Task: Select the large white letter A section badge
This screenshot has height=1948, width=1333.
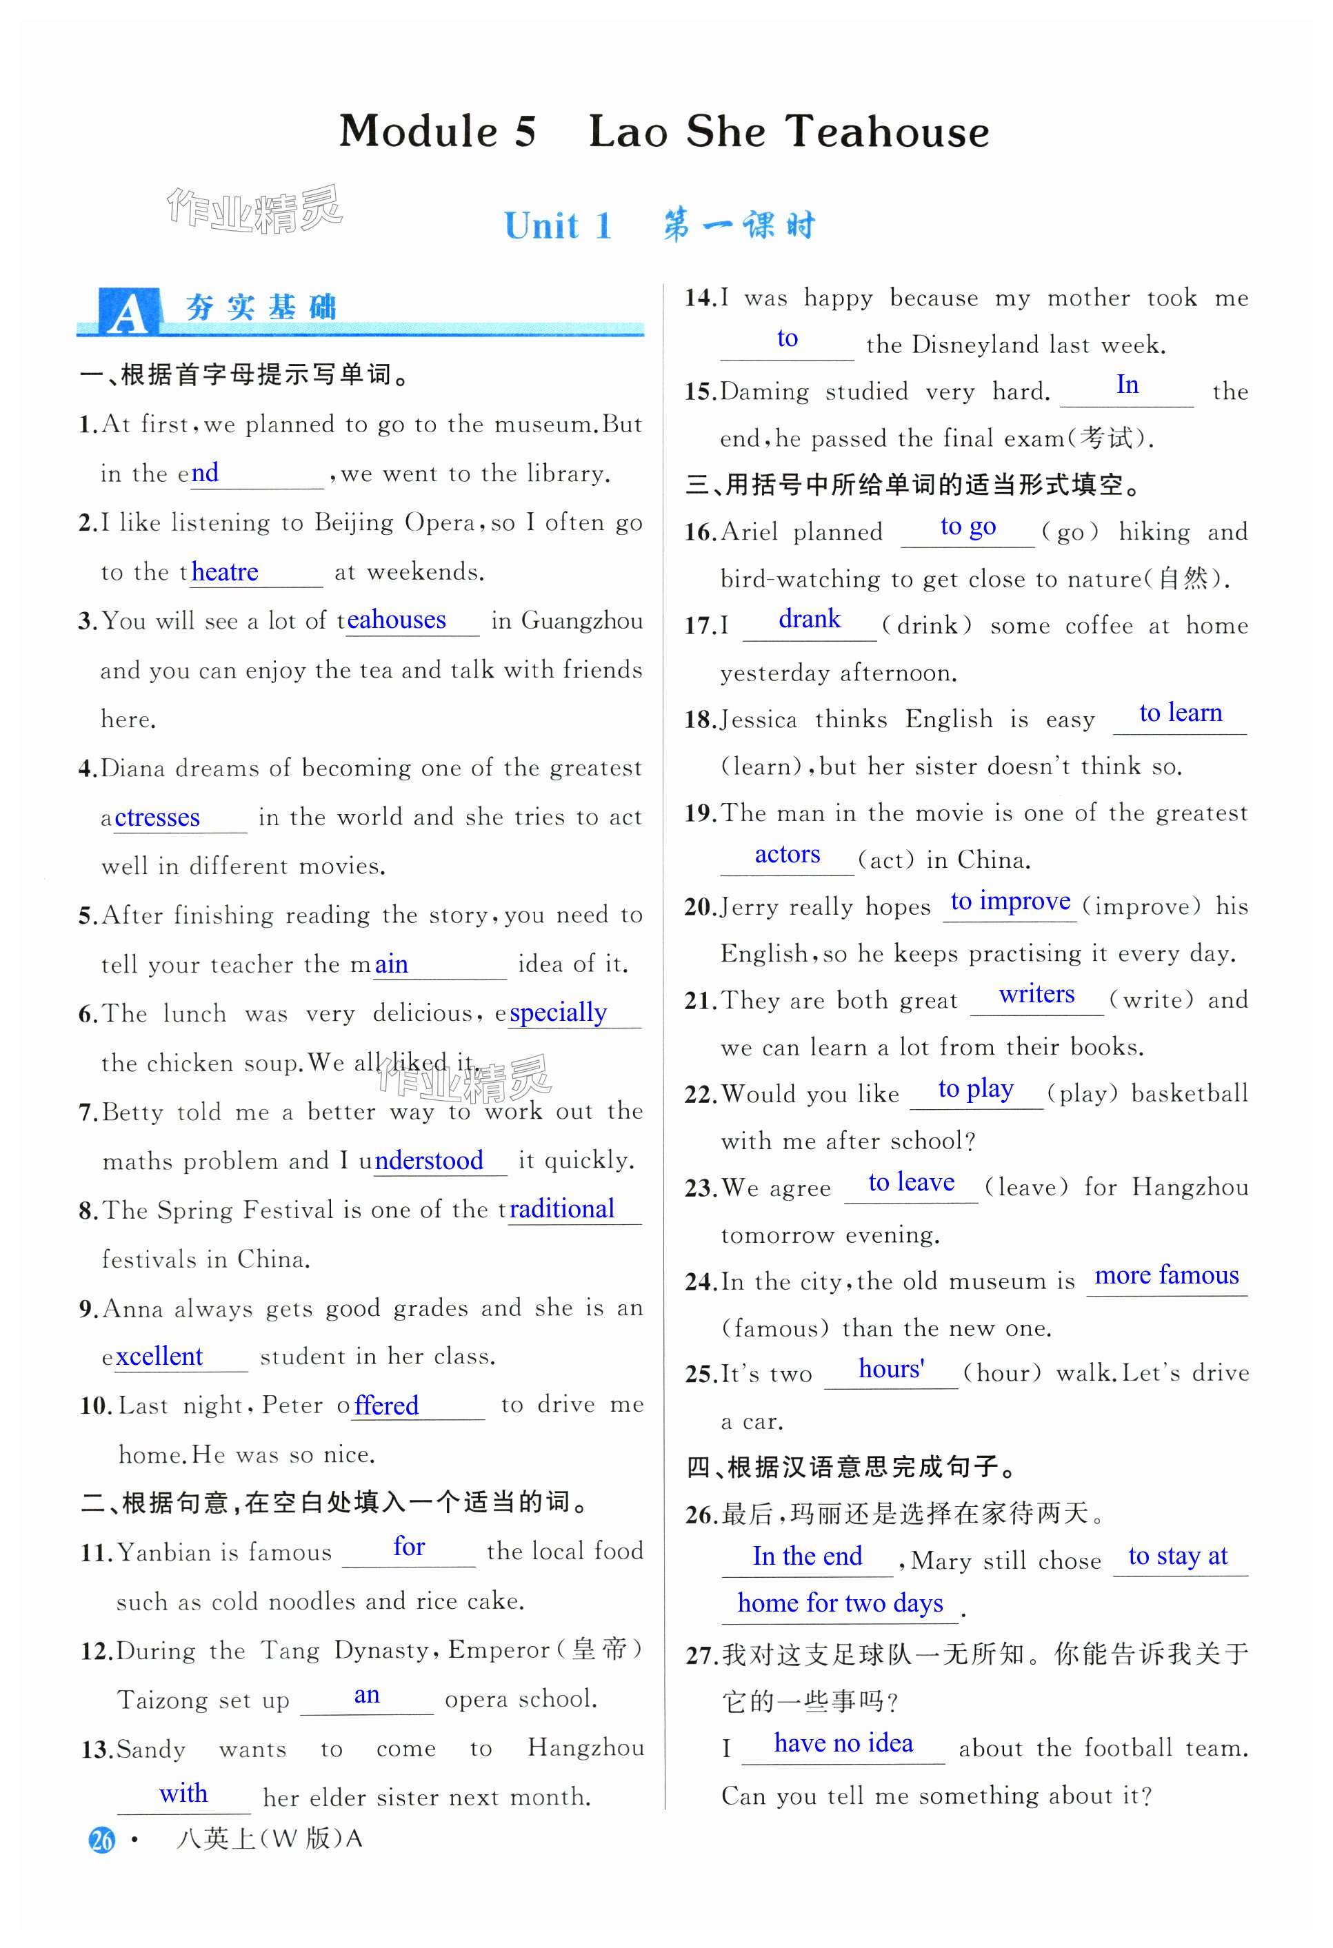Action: (128, 312)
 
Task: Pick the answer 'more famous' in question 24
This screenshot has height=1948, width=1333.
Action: (1166, 1275)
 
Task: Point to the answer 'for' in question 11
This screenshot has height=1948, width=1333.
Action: (408, 1547)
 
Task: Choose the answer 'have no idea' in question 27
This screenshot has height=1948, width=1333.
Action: (843, 1743)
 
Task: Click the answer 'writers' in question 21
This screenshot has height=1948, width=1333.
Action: (1036, 994)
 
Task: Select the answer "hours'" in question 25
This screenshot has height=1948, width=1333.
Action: (891, 1369)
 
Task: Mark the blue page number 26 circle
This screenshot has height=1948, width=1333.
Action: (101, 1840)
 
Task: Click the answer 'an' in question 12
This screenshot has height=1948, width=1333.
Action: (366, 1695)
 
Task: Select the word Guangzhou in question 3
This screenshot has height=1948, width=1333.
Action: (582, 621)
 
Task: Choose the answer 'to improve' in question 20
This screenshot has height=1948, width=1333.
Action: (1010, 901)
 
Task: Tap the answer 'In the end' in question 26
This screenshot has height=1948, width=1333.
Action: (807, 1556)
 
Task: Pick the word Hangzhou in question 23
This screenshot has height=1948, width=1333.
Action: (1190, 1187)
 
